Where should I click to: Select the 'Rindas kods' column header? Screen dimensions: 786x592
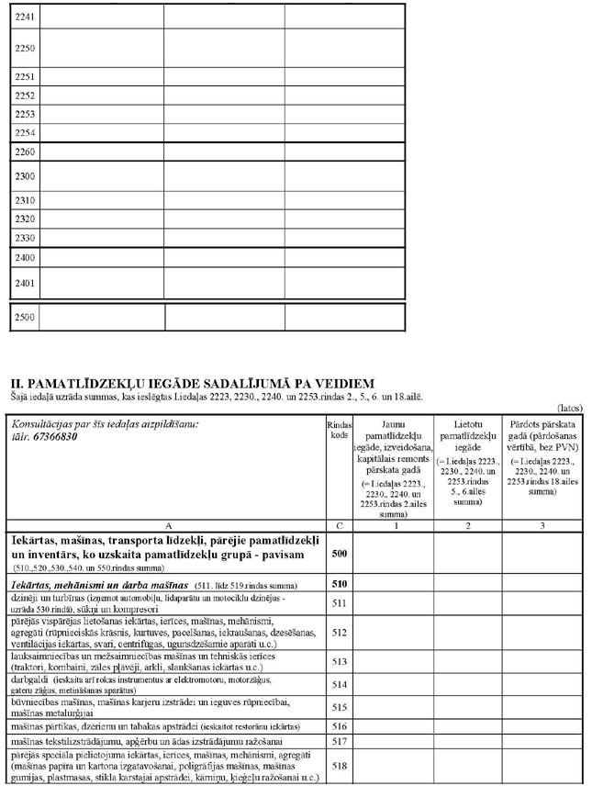click(x=340, y=431)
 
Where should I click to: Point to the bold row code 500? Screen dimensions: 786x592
click(x=340, y=556)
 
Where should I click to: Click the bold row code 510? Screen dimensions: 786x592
click(x=340, y=584)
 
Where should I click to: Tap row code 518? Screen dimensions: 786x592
click(x=340, y=764)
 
